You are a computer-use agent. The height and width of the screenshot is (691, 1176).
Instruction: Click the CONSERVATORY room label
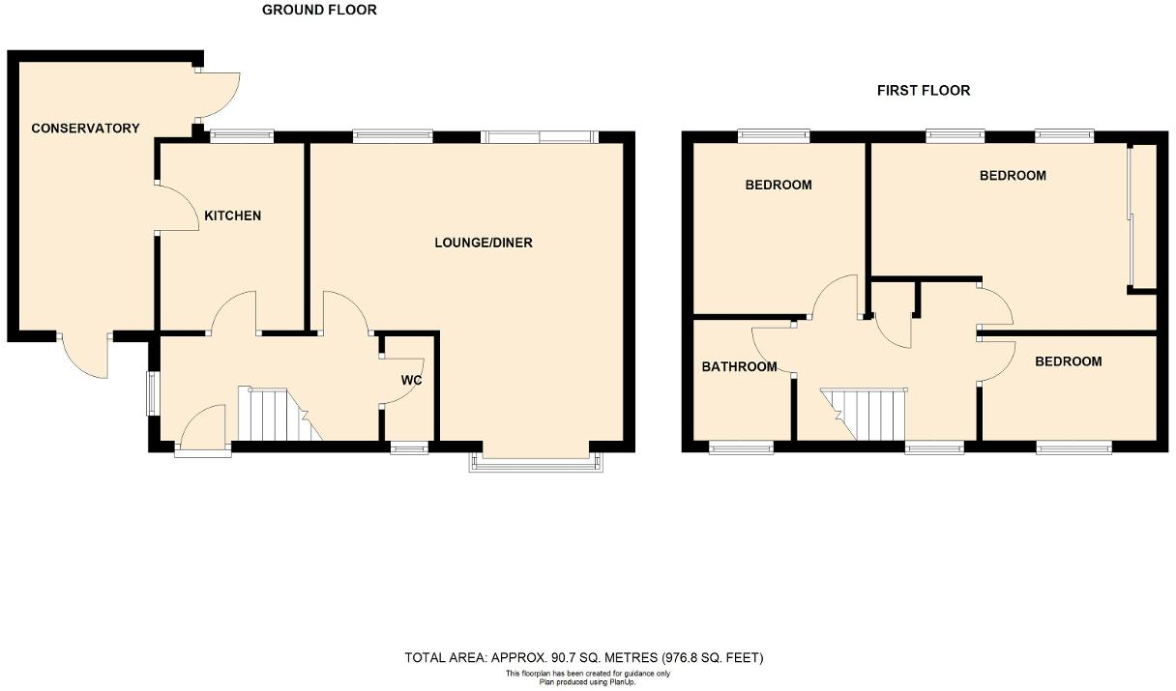[x=85, y=129]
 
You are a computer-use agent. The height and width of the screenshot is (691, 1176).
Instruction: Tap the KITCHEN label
[x=232, y=216]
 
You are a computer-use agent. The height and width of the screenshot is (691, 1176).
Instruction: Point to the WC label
[x=411, y=380]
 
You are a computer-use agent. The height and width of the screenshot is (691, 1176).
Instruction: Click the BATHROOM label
[x=739, y=367]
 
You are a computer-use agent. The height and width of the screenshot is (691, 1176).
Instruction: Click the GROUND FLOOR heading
[x=319, y=11]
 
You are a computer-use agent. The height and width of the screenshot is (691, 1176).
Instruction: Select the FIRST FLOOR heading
[x=923, y=91]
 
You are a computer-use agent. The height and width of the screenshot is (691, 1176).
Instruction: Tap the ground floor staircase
[x=277, y=414]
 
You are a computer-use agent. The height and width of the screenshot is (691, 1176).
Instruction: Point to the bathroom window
[x=741, y=446]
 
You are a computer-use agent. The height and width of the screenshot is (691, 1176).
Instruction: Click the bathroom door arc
[x=771, y=348]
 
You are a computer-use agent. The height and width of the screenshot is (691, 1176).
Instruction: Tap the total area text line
[x=584, y=658]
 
